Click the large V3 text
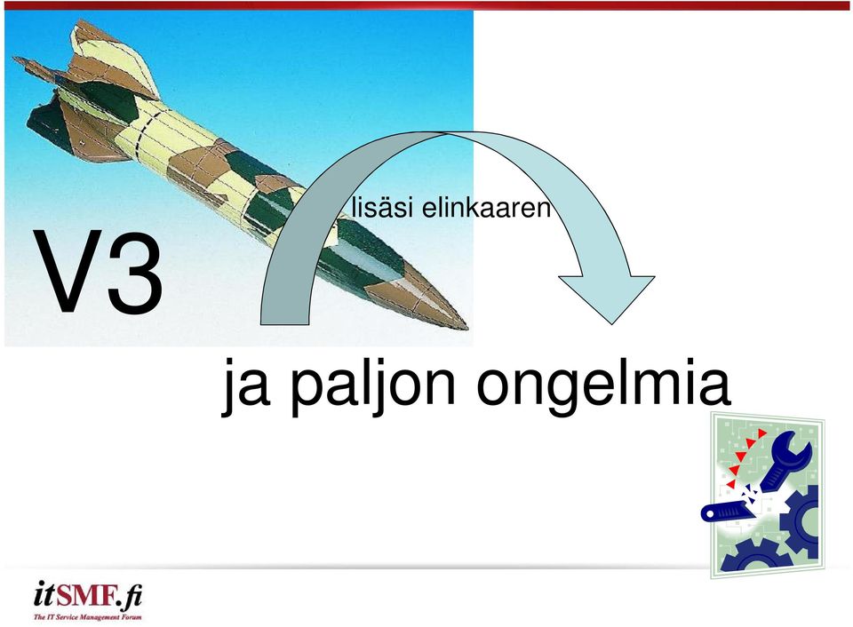[x=99, y=272]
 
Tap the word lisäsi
[x=382, y=208]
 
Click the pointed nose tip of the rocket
[x=466, y=328]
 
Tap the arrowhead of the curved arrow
[x=607, y=299]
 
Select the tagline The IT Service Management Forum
[x=88, y=617]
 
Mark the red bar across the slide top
[x=426, y=5]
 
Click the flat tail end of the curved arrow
[x=285, y=324]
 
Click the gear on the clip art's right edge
[x=801, y=520]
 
